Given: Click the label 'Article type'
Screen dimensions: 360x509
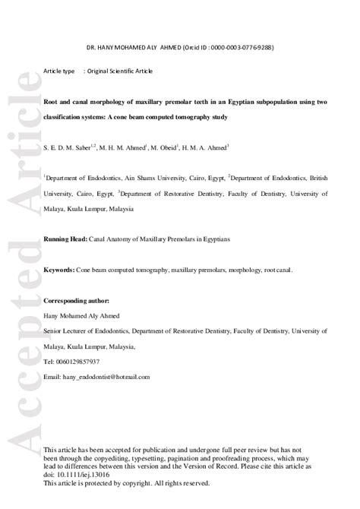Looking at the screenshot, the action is tap(58, 71).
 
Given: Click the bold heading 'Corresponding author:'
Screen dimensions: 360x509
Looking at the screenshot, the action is tap(77, 301).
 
